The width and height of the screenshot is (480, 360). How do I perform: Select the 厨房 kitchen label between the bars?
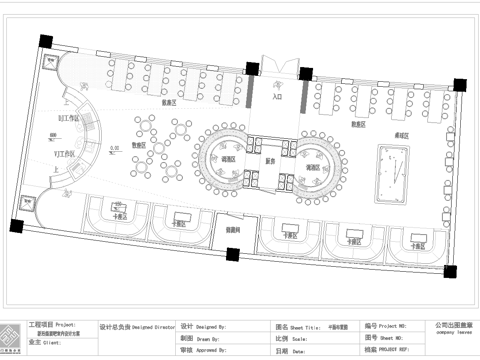point(269,160)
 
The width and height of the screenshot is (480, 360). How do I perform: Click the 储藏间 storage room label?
point(232,229)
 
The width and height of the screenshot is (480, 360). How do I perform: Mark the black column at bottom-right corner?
point(449,272)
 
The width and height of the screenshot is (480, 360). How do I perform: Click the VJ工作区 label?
point(66,153)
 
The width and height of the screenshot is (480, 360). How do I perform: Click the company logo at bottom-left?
point(13,338)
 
